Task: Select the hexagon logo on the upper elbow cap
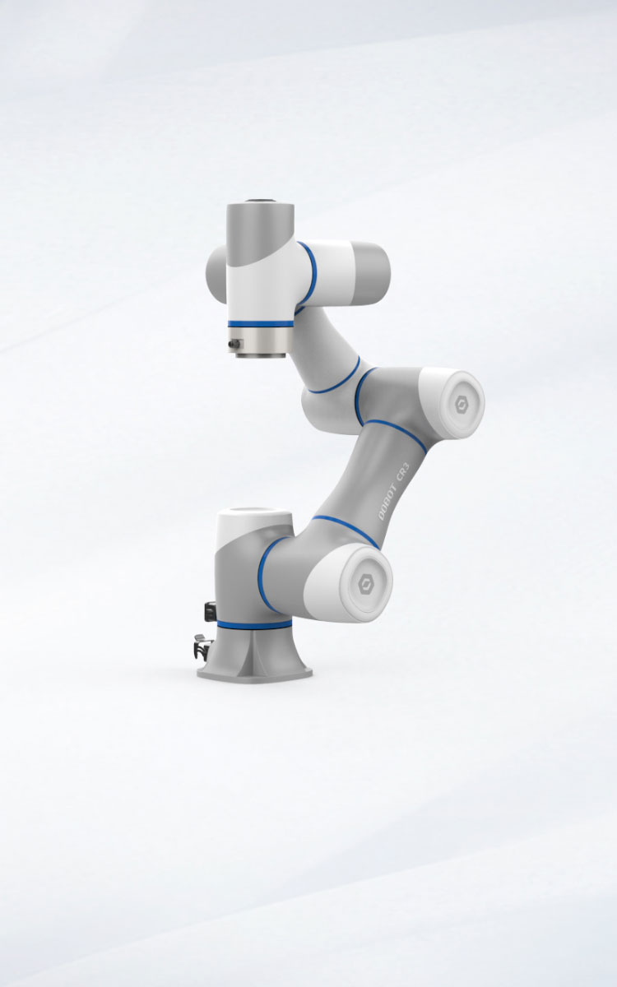(459, 405)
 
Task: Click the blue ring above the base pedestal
(254, 625)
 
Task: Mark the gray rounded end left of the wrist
(215, 275)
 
